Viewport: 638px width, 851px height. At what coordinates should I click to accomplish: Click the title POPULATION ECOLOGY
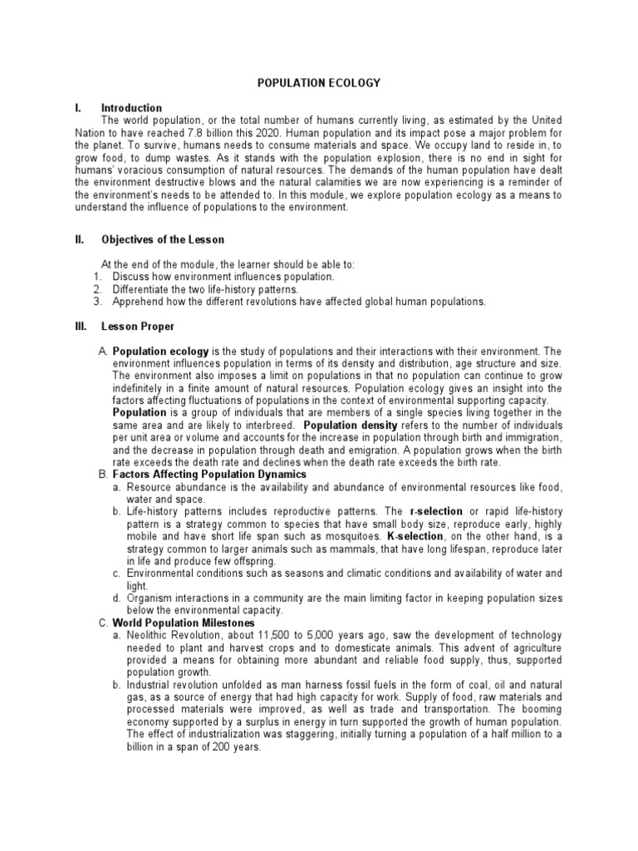[318, 83]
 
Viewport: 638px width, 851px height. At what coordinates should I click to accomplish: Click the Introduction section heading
[131, 108]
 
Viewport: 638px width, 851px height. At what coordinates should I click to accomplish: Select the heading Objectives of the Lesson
[163, 240]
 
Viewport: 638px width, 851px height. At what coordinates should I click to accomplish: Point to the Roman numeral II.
[80, 240]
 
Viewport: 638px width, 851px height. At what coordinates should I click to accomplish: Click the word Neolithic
[150, 635]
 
